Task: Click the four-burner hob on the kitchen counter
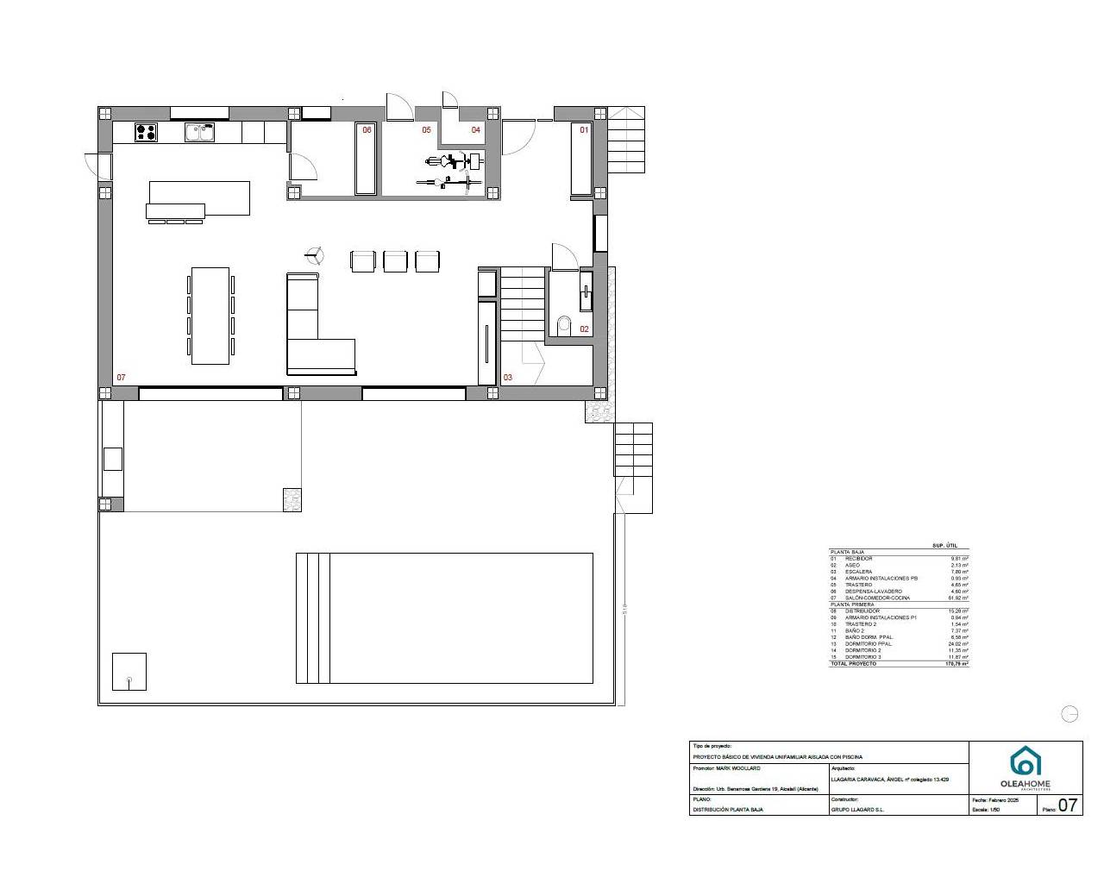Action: [x=146, y=132]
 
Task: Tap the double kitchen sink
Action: [x=199, y=132]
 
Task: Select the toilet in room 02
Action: [x=565, y=324]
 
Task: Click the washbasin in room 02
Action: [x=586, y=291]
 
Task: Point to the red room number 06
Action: [x=367, y=130]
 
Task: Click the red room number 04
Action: [x=475, y=130]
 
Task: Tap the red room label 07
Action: [x=122, y=378]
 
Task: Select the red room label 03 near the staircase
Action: [x=508, y=378]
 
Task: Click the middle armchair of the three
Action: [x=395, y=260]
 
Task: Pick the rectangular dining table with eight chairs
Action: [x=210, y=315]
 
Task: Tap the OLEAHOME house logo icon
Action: [x=1026, y=761]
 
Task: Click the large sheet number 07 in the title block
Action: [x=1068, y=805]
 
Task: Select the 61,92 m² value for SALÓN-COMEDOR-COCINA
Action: [x=957, y=598]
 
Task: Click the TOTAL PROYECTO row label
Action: [x=853, y=664]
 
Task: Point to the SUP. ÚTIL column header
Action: [x=945, y=546]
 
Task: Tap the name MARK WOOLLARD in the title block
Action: [x=738, y=767]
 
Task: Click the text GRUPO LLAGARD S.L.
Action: [x=857, y=810]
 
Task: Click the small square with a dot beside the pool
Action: [x=129, y=672]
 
